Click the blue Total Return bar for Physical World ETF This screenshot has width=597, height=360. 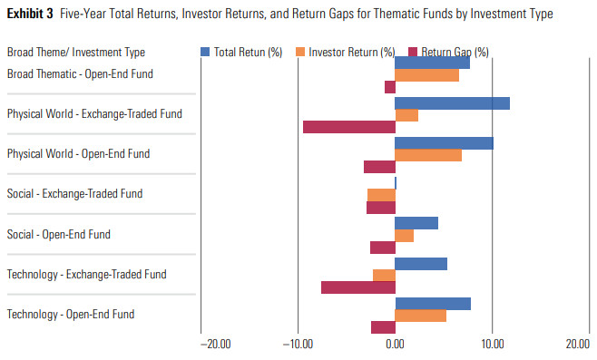[452, 102]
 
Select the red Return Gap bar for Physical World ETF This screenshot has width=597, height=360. [349, 127]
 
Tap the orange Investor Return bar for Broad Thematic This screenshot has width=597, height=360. [426, 74]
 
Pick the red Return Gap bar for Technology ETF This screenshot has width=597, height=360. [358, 287]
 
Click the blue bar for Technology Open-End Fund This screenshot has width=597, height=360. [433, 303]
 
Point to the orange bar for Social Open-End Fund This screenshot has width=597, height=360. [404, 236]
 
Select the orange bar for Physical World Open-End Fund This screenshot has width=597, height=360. [428, 154]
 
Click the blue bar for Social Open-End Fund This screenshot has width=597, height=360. [416, 223]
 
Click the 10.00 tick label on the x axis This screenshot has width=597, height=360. [492, 345]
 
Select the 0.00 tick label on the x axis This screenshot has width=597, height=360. [395, 345]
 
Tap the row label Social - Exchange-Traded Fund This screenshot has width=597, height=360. [74, 194]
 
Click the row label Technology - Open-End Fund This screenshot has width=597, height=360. [71, 315]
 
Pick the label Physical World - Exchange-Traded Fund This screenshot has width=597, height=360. [94, 114]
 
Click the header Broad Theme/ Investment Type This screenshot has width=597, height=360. [75, 53]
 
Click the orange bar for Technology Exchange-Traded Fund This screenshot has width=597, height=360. [384, 275]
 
